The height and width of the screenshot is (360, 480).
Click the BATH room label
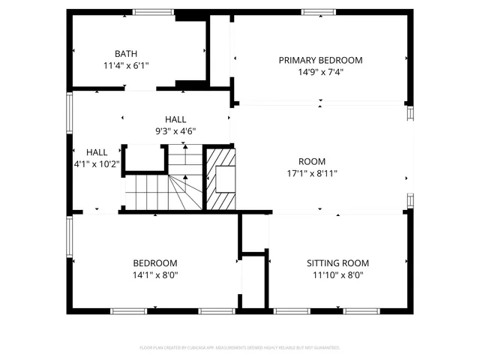(125, 53)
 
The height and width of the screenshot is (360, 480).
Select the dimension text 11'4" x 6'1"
(125, 65)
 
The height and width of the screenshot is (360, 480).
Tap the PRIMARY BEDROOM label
(320, 60)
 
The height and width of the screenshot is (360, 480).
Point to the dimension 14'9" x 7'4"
(320, 72)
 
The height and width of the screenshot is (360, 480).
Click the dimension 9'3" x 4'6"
(175, 131)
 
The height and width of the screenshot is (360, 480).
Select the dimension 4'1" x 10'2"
(97, 164)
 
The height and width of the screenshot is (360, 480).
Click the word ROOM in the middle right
(312, 161)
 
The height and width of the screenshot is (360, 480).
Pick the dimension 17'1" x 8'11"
(312, 173)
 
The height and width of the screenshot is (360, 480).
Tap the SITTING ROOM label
(337, 263)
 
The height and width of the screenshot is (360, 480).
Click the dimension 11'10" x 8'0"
(337, 275)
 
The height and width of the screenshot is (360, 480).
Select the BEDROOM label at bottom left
(155, 263)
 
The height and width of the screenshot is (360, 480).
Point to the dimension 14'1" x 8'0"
(155, 275)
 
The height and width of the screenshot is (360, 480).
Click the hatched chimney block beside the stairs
(221, 178)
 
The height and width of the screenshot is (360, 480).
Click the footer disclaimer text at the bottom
(240, 348)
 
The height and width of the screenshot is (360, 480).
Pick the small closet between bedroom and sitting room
(253, 281)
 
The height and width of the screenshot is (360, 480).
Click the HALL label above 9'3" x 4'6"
(175, 119)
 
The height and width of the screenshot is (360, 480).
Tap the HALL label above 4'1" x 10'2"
(97, 152)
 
